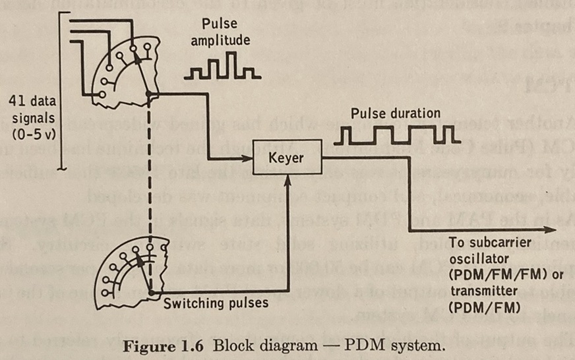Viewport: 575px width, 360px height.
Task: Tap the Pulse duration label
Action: [x=396, y=113]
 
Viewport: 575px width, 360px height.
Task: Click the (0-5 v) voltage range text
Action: [x=34, y=134]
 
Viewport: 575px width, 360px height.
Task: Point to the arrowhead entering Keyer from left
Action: [x=251, y=160]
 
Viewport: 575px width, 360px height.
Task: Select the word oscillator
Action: [x=473, y=258]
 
